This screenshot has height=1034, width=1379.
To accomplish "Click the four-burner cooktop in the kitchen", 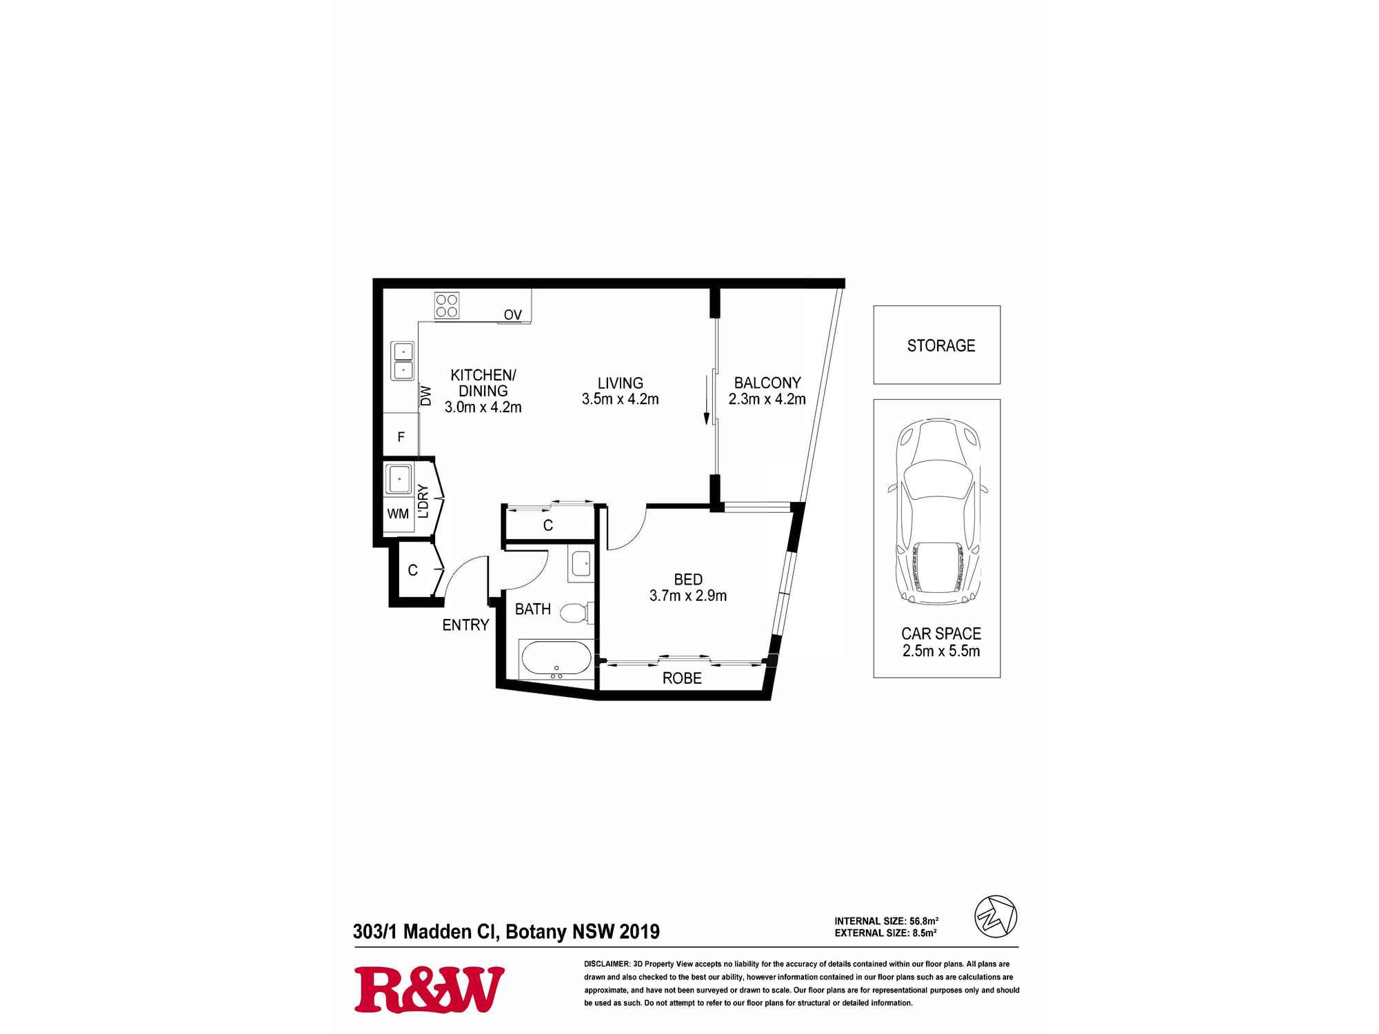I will pos(447,305).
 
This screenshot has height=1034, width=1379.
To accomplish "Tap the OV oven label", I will pos(512,315).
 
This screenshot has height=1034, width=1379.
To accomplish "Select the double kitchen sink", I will pos(403,361).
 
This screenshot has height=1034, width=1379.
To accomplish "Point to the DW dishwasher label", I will pos(425,396).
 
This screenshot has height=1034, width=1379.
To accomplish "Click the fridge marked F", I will pos(401,437).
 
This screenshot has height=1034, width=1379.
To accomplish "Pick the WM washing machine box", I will pos(398,514).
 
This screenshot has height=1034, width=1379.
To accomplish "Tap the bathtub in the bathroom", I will pos(556,659).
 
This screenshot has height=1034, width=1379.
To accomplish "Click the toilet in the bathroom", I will pos(574,612).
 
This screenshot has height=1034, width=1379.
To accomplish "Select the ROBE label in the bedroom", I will pos(682,678).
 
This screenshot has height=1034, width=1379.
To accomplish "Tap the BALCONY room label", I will pos(767,383).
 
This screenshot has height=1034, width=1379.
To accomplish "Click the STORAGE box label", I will pos(940,345).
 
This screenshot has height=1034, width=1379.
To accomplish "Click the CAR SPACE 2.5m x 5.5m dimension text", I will pos(940,642).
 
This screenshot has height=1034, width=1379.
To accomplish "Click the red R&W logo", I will pos(429,989).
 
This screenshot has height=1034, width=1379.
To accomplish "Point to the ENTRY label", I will pos(465,625).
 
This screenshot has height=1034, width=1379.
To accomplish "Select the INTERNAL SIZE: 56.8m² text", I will pos(886,921).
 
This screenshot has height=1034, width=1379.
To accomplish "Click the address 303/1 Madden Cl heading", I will pos(505,932).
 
